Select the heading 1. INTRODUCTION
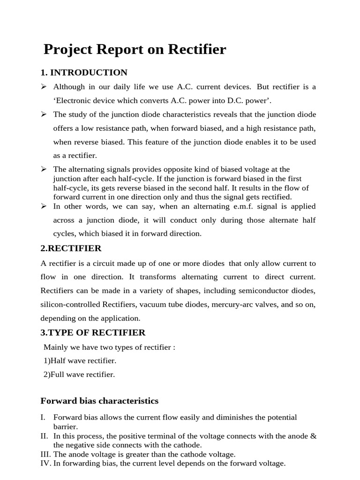84,73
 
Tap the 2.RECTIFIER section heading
71,248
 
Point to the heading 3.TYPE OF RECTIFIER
93,332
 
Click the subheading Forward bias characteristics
99,401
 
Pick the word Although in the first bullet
69,87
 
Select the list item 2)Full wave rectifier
79,374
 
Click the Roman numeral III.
46,454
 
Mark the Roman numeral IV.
46,463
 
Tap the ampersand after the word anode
314,436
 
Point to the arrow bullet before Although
44,87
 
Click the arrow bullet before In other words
44,206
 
